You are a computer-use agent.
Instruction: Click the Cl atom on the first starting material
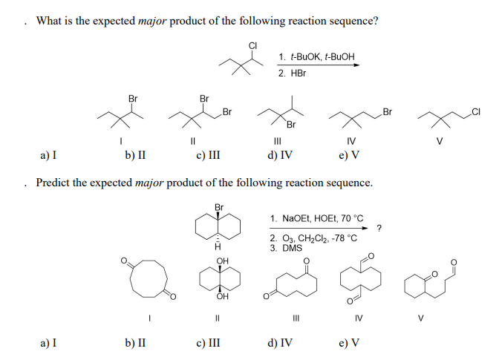[252, 46]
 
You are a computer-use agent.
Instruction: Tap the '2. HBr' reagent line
[293, 73]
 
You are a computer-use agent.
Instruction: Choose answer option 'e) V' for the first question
[349, 156]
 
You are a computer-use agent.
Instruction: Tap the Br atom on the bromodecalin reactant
[219, 207]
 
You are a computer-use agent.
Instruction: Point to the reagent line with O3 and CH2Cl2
[313, 238]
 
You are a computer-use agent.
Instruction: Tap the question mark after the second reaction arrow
[379, 226]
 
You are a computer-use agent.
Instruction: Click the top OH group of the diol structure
[221, 261]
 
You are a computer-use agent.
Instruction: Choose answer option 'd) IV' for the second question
[279, 344]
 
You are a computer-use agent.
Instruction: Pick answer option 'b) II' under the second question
[135, 344]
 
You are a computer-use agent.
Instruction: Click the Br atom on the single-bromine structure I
[132, 98]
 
